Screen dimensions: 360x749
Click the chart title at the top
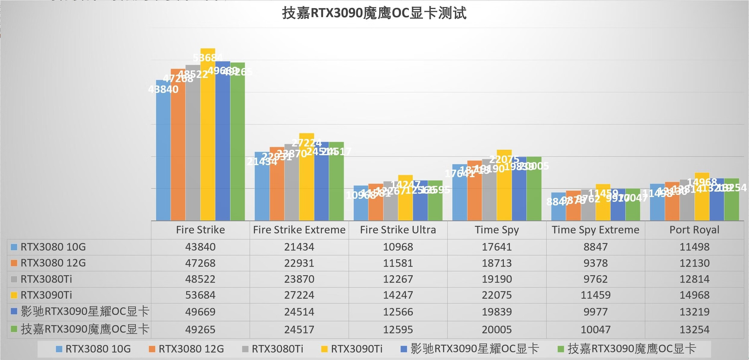(374, 14)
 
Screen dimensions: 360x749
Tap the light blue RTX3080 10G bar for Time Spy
(460, 198)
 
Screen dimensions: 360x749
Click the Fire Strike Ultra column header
(398, 230)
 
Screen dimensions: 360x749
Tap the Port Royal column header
(694, 230)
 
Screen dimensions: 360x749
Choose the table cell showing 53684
(200, 295)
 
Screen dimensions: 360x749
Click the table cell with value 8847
(596, 247)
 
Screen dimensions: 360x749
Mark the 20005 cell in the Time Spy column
(497, 330)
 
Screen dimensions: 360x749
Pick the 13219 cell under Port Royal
(694, 312)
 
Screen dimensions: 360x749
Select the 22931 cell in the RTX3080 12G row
(299, 263)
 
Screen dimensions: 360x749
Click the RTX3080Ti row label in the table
(46, 279)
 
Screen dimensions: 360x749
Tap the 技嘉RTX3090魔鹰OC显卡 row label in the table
(85, 329)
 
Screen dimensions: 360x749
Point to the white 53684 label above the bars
(208, 58)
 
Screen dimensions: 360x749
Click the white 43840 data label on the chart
(163, 89)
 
